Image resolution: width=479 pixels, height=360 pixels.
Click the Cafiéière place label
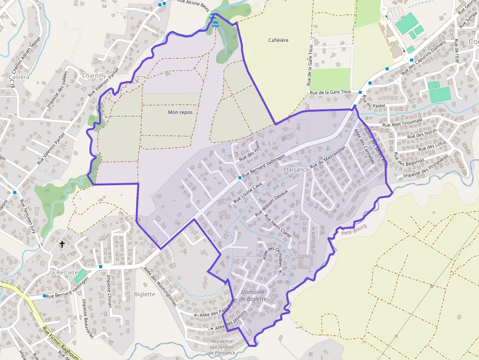point(278,40)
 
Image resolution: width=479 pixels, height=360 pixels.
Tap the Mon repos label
point(180,112)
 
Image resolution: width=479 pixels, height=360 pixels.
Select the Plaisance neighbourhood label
point(296,169)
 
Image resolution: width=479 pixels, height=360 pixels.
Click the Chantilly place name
point(93,76)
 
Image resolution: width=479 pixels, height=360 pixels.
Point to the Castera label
point(19,77)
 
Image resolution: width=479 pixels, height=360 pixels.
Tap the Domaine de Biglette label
point(254,296)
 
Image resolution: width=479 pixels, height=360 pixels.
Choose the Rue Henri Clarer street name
point(278,225)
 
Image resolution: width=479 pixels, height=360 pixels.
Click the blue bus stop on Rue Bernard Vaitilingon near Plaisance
point(240,178)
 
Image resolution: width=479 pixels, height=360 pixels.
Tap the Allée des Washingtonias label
point(160,286)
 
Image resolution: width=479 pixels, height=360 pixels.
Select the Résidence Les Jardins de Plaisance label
point(222,346)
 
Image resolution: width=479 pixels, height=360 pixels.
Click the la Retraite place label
point(64,272)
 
